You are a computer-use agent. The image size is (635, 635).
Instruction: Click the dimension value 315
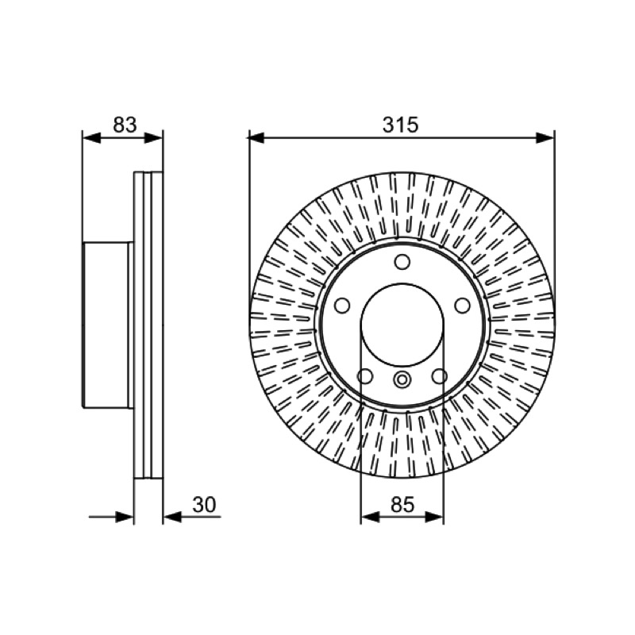point(400,125)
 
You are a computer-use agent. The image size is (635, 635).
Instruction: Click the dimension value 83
point(125,125)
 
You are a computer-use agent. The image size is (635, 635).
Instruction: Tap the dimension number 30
point(204,505)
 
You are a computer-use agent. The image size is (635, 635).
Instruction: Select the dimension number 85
point(402,505)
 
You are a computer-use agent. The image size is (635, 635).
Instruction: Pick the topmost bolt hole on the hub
point(402,262)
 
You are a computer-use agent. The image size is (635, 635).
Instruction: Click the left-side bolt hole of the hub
point(342,306)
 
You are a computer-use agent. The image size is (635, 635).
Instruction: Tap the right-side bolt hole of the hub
point(462,306)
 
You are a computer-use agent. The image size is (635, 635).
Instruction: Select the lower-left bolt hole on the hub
point(365,376)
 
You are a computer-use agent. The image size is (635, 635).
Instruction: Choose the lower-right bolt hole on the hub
point(440,376)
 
